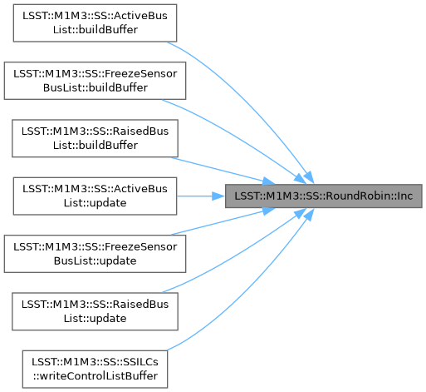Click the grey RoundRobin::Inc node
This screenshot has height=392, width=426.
click(323, 196)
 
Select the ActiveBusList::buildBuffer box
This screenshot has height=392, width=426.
click(95, 23)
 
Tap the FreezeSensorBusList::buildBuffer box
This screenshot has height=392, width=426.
click(95, 81)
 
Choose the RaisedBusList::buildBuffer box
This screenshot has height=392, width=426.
click(95, 138)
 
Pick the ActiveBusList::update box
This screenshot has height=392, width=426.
click(95, 196)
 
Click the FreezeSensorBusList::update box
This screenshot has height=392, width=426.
click(95, 254)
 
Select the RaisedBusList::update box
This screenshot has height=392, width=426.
click(95, 311)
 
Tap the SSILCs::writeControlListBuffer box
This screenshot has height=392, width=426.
click(95, 370)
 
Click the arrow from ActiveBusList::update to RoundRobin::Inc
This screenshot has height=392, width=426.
click(201, 196)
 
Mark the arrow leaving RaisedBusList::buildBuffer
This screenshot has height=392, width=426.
click(223, 171)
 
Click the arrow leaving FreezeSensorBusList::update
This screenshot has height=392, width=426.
click(223, 221)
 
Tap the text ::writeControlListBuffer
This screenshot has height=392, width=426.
click(95, 376)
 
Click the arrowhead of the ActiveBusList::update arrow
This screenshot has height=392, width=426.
click(218, 196)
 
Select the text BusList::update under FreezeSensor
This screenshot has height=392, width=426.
click(95, 261)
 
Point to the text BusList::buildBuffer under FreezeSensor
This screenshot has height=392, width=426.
click(95, 87)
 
